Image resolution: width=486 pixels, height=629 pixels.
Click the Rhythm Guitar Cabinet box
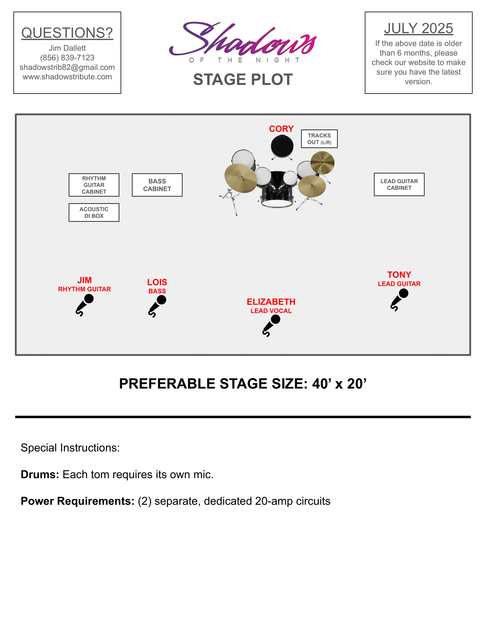[x=94, y=185]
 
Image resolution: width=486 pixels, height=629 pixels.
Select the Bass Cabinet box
[x=157, y=185]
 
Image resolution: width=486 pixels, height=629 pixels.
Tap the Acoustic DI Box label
[x=94, y=212]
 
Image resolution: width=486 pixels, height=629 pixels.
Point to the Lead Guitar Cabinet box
[x=399, y=184]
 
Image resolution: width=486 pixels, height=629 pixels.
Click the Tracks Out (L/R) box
[x=319, y=139]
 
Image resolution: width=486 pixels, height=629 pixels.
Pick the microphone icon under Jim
[x=85, y=305]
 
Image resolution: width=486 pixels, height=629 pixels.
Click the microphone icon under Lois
[x=157, y=306]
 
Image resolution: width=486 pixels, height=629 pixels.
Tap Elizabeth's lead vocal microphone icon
[x=271, y=325]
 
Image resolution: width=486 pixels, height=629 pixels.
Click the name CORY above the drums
[x=281, y=129]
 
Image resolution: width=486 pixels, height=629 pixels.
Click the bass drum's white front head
[x=277, y=203]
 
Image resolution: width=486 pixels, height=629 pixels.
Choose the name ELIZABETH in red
[x=271, y=302]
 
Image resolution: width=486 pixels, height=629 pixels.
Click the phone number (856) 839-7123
[x=67, y=57]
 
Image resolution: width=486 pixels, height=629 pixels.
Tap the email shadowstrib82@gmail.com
[x=67, y=67]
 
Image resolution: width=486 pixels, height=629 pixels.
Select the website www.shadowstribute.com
[x=67, y=77]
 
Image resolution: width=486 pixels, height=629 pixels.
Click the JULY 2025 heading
[x=418, y=28]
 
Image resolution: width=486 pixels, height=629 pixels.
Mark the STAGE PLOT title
[x=243, y=79]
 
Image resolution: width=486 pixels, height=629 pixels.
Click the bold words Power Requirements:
[x=77, y=501]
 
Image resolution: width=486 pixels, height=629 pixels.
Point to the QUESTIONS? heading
[x=67, y=33]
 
